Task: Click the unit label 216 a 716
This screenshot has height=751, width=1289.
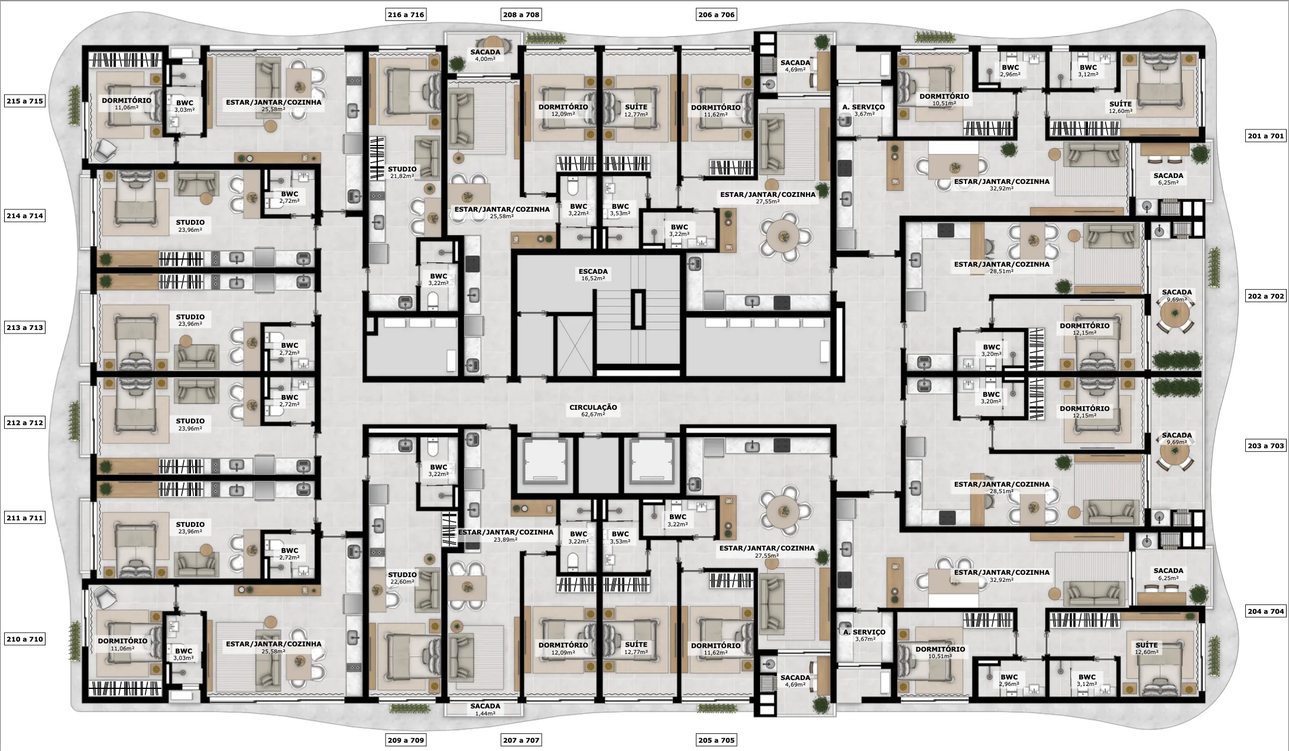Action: click(x=406, y=15)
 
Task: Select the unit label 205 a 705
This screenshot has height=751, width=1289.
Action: click(x=716, y=740)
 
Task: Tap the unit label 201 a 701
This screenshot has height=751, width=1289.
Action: click(x=1265, y=136)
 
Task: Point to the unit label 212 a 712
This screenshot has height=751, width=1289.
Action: click(x=25, y=423)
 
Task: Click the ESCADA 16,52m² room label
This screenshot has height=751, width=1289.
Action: click(x=593, y=274)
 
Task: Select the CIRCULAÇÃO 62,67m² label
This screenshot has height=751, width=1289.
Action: click(x=593, y=410)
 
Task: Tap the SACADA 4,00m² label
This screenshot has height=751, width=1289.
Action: click(x=485, y=55)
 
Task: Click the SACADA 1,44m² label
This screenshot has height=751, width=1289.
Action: click(x=485, y=709)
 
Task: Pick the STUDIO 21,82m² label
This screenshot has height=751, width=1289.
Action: click(x=402, y=172)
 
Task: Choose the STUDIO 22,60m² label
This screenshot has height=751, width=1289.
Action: click(x=402, y=578)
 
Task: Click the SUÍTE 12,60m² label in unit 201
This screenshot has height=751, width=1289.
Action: click(x=1120, y=107)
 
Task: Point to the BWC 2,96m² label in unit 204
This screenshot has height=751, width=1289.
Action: click(x=1009, y=680)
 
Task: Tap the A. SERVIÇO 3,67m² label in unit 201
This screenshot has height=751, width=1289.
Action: click(x=863, y=110)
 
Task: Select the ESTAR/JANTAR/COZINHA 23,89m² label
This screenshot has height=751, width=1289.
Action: click(x=506, y=535)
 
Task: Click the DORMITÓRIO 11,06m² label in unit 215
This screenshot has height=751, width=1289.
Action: click(x=127, y=103)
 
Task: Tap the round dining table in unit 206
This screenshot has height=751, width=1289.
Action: click(x=784, y=237)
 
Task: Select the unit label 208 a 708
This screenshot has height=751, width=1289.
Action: click(x=521, y=15)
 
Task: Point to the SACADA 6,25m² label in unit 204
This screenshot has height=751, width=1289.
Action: click(x=1168, y=574)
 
